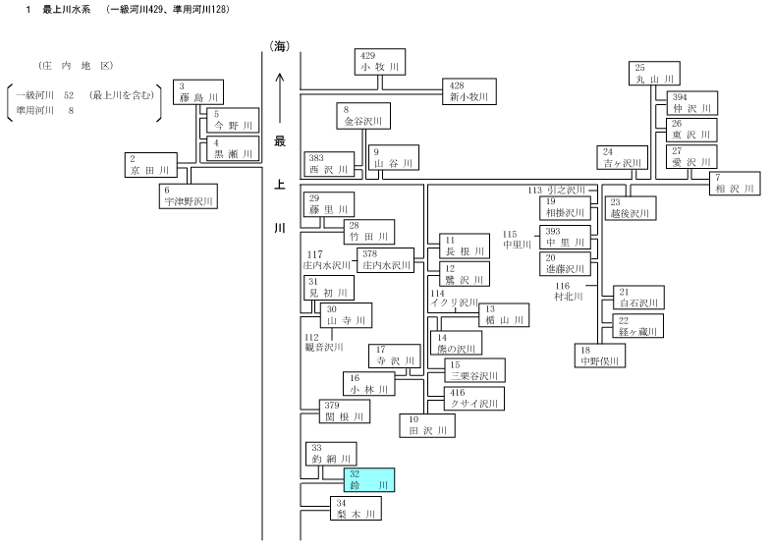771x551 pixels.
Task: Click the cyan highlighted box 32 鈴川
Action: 368,479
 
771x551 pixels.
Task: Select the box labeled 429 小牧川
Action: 380,62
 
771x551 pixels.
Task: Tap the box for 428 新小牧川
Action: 469,91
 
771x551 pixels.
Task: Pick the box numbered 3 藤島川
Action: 198,92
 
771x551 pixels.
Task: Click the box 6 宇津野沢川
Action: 189,196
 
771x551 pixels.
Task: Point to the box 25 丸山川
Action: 654,74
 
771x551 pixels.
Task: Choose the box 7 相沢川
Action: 735,184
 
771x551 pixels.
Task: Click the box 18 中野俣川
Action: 600,356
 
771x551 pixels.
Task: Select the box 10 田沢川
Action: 427,425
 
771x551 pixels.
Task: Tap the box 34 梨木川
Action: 356,509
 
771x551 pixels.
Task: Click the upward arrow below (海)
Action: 280,98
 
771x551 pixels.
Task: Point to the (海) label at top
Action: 279,47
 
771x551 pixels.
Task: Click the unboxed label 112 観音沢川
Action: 323,342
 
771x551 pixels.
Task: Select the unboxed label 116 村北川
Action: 568,292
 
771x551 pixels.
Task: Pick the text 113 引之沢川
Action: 557,191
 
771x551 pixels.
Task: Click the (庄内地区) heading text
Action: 76,66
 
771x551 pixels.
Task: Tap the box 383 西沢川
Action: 329,164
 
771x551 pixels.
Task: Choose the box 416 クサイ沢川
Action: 474,399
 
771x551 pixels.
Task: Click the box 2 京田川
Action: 150,165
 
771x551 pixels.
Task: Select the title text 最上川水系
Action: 67,10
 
